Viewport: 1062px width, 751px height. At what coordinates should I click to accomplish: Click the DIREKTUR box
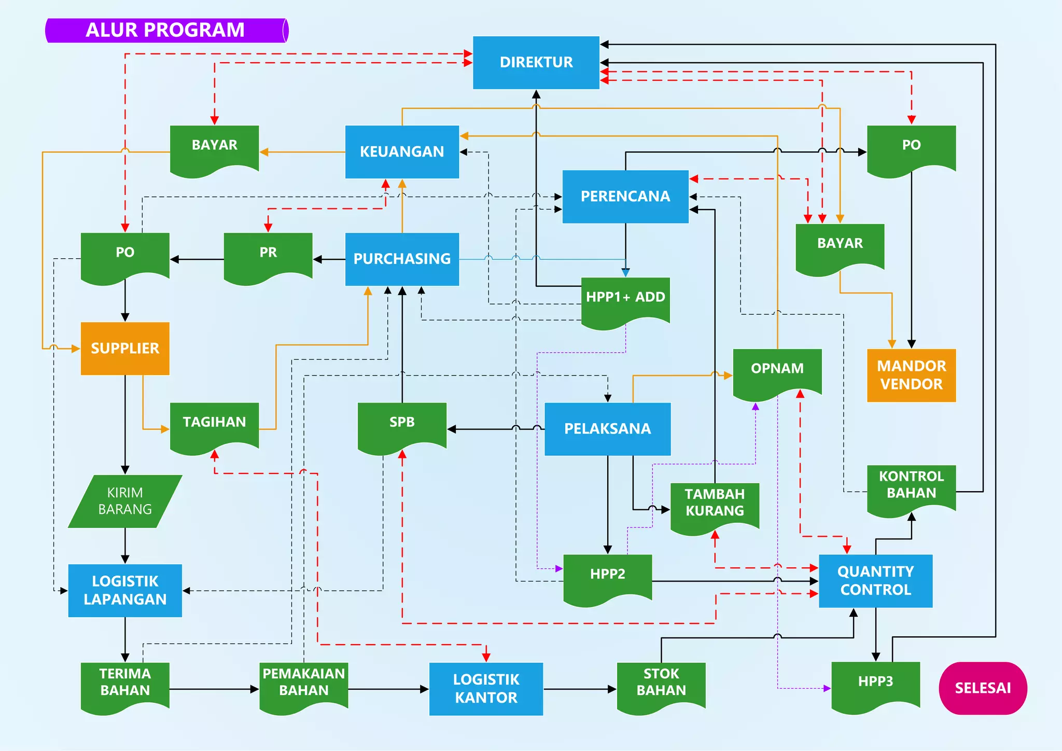[536, 63]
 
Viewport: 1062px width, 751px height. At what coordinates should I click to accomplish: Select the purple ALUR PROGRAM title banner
[166, 30]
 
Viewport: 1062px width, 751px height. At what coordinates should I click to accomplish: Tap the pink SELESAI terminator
[983, 688]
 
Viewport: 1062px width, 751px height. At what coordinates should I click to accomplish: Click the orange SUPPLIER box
[125, 349]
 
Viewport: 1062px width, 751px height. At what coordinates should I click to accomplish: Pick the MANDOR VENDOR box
[911, 375]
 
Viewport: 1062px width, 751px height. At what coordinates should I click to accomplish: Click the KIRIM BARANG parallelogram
[125, 501]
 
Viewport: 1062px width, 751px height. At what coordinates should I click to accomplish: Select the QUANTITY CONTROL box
[875, 581]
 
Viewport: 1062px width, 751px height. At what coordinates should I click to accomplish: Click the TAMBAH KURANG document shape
[715, 506]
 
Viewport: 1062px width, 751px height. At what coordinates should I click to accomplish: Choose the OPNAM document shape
[777, 371]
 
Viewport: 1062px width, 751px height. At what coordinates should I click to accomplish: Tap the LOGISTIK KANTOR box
[486, 689]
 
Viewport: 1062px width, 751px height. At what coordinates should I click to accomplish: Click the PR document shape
[268, 255]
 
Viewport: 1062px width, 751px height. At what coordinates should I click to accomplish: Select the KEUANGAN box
[402, 152]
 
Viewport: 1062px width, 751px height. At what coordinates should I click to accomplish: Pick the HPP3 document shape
[875, 685]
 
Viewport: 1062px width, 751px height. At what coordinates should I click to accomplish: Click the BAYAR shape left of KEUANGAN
[214, 148]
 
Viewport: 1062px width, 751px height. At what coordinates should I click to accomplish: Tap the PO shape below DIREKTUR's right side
[911, 148]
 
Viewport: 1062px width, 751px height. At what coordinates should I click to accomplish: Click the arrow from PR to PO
[197, 259]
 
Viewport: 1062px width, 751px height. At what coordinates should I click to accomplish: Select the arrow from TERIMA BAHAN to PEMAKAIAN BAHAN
[214, 689]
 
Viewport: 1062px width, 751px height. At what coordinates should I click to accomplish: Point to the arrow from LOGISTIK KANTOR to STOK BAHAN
[580, 689]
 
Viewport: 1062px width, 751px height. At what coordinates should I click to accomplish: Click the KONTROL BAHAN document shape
[911, 488]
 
